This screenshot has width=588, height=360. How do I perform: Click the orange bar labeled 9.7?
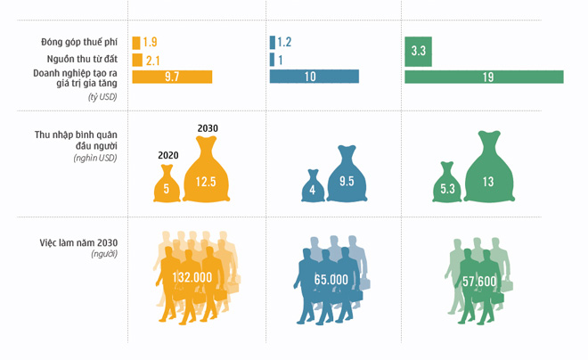click(x=172, y=77)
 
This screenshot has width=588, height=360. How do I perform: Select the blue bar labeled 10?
click(x=314, y=77)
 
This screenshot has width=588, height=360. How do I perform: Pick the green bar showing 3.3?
click(x=419, y=52)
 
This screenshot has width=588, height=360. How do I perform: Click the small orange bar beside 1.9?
click(x=135, y=43)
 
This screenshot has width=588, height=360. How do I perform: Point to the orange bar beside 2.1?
click(x=136, y=60)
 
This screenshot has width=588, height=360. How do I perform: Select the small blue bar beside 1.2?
click(x=272, y=43)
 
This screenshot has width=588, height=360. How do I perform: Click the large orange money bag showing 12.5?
click(x=207, y=178)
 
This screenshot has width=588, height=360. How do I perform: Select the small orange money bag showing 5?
click(x=167, y=184)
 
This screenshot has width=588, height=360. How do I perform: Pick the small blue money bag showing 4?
click(x=313, y=187)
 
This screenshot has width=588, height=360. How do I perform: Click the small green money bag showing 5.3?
click(x=447, y=184)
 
